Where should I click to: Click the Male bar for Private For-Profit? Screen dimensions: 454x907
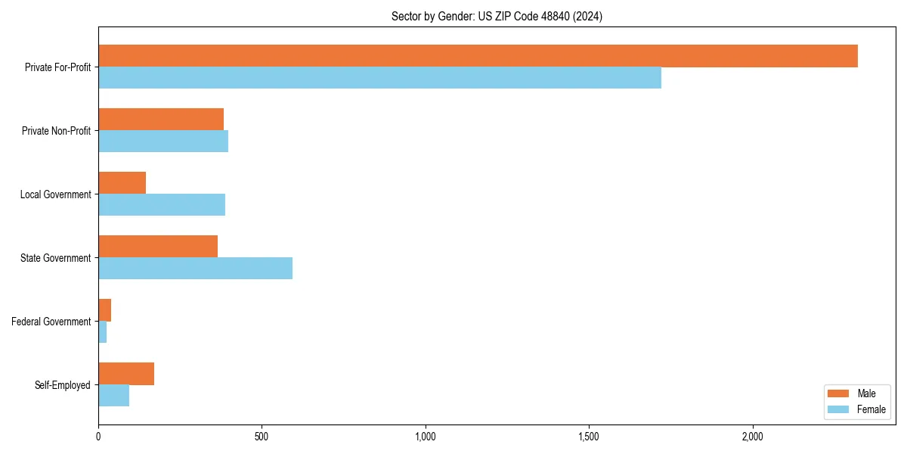pos(478,56)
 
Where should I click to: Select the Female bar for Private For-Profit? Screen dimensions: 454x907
pos(379,78)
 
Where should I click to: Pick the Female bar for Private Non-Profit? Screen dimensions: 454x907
pos(163,141)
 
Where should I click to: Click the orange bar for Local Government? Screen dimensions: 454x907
pos(122,183)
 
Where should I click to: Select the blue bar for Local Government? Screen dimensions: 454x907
pos(162,205)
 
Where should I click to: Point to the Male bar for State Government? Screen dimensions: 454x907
pos(158,247)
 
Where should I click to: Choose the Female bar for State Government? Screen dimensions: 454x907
pos(195,269)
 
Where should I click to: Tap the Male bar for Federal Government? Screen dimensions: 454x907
pos(105,310)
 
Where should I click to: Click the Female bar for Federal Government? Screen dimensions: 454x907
pos(103,332)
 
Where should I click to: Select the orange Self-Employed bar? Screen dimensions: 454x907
pos(126,374)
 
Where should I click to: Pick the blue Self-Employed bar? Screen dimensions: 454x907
pos(113,396)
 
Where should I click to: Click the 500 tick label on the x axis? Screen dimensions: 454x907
pos(262,437)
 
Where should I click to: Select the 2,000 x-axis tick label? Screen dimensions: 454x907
pos(752,437)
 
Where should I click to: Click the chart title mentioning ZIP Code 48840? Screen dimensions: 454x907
pos(497,16)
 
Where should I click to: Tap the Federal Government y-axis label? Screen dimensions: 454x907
pos(51,322)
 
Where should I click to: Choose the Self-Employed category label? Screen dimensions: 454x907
pos(62,385)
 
